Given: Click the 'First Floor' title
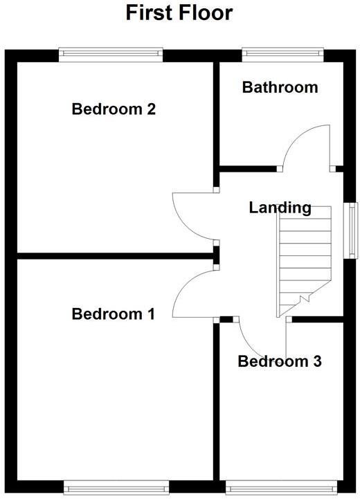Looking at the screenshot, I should tap(179, 13).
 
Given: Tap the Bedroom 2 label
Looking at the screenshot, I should tap(114, 109).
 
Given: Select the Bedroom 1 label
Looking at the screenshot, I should tap(114, 314).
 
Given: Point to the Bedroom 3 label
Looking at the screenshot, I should tap(279, 361).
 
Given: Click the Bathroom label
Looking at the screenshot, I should tap(280, 87).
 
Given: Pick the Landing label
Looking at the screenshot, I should tap(280, 208).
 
